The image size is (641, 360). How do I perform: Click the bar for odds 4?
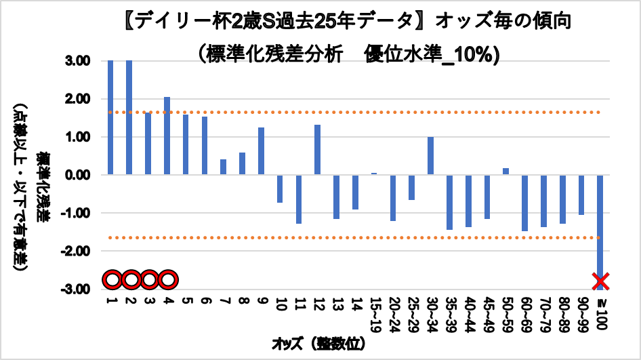(x=167, y=136)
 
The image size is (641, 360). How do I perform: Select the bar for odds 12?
(x=317, y=150)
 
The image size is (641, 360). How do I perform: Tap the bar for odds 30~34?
(x=430, y=156)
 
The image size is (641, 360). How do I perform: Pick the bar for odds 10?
(x=280, y=188)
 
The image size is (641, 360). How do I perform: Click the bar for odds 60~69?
(x=524, y=203)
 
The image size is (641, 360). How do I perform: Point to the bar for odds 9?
(x=261, y=151)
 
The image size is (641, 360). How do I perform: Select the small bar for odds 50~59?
(x=505, y=172)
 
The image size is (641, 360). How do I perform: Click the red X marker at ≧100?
(x=600, y=280)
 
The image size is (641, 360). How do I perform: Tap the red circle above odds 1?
(x=112, y=279)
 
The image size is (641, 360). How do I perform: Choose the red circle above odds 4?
(x=169, y=279)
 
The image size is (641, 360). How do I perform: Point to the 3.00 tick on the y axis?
(x=77, y=61)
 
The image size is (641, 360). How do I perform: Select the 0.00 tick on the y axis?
(x=77, y=175)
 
